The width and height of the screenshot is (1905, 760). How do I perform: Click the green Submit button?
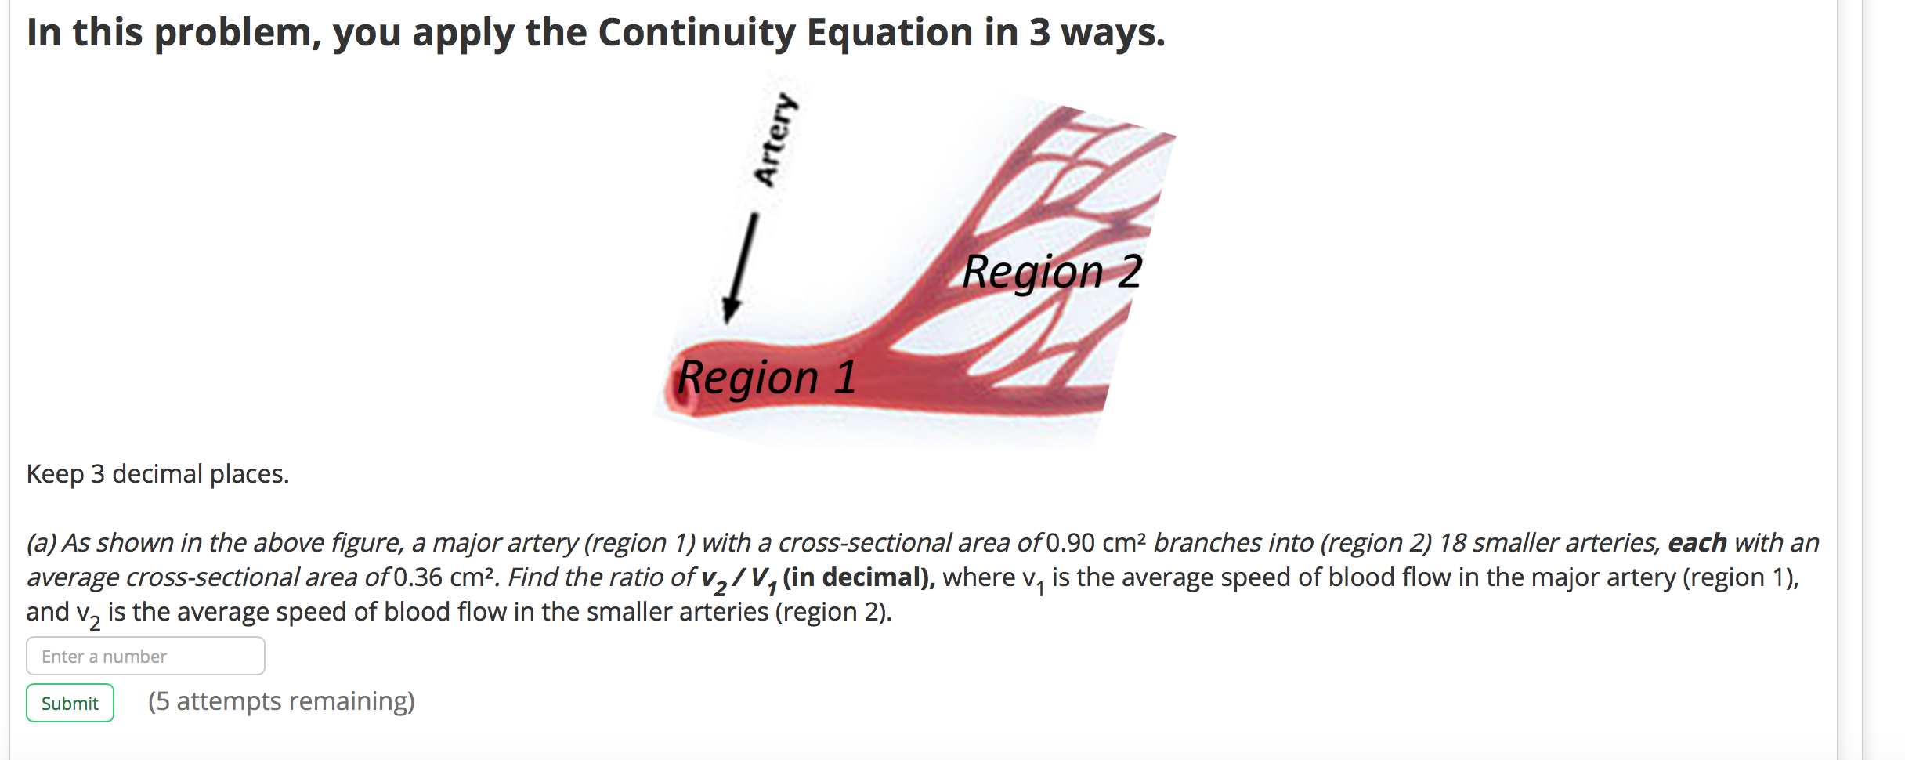click(x=70, y=703)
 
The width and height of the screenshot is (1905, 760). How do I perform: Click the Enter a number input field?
click(x=146, y=656)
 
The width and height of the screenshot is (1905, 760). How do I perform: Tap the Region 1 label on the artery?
click(x=766, y=378)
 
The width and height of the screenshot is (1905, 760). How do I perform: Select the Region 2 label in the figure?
click(x=1052, y=272)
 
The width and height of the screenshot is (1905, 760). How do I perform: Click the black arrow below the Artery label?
click(x=740, y=266)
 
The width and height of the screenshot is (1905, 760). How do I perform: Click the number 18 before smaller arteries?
click(x=1453, y=542)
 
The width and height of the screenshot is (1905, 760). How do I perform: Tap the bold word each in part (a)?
click(x=1697, y=542)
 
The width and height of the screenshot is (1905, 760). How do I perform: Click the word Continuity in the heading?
click(x=696, y=33)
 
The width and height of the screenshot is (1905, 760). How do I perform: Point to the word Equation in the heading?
click(x=889, y=33)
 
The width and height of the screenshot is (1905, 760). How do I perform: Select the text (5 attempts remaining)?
click(x=281, y=701)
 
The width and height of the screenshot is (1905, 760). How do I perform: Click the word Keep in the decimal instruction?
click(x=55, y=474)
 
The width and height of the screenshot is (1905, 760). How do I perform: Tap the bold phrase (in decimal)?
click(x=858, y=577)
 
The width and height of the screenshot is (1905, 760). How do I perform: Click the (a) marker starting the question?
click(x=42, y=542)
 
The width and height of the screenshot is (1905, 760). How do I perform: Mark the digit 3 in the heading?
click(x=1039, y=33)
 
